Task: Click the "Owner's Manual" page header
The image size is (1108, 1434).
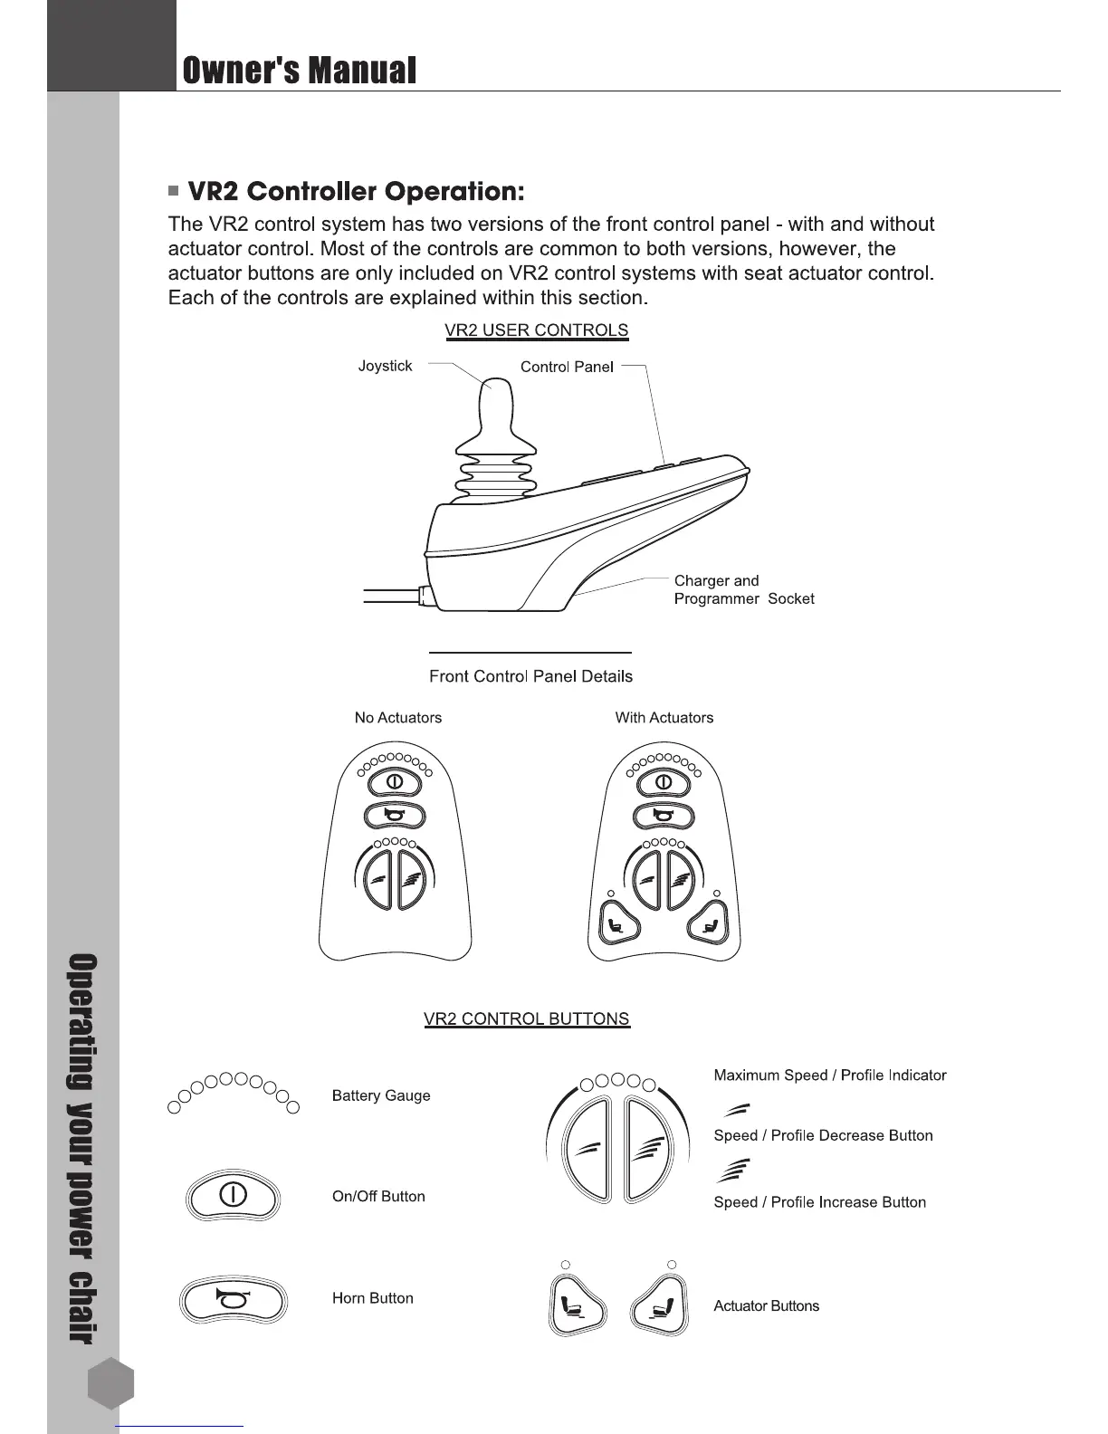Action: [x=300, y=70]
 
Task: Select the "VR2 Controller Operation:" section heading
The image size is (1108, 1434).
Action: [x=356, y=192]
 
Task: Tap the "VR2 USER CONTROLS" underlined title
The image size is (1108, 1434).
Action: [x=536, y=330]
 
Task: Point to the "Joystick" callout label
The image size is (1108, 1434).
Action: [x=385, y=366]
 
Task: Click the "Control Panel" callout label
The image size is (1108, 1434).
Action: [x=567, y=367]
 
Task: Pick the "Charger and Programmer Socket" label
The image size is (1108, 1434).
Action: [x=743, y=589]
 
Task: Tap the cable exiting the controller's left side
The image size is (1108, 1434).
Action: [x=389, y=595]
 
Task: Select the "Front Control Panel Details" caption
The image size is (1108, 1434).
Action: [x=530, y=676]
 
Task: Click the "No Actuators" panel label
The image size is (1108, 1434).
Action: [x=398, y=718]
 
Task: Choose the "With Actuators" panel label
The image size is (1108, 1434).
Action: [x=664, y=718]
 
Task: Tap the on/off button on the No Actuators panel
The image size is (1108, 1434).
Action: [x=395, y=781]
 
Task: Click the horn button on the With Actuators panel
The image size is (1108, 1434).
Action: [x=664, y=816]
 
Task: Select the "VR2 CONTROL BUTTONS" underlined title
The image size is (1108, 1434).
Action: [x=526, y=1018]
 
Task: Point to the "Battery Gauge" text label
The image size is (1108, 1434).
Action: [x=381, y=1095]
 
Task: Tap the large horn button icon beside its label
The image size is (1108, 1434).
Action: [x=234, y=1300]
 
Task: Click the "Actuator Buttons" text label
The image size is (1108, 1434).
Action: [x=766, y=1305]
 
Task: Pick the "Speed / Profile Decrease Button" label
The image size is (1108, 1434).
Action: [x=823, y=1135]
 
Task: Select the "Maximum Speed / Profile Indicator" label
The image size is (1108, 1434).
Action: [x=829, y=1075]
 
